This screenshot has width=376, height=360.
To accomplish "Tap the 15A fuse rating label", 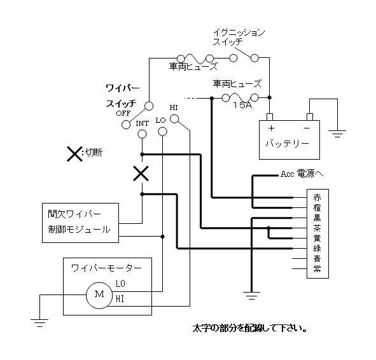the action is pyautogui.click(x=242, y=105).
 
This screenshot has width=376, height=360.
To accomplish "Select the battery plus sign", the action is pyautogui.click(x=271, y=128).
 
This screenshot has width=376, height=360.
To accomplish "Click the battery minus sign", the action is pyautogui.click(x=307, y=128).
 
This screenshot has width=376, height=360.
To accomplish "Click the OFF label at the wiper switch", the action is pyautogui.click(x=123, y=113).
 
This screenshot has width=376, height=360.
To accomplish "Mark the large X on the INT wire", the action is pyautogui.click(x=141, y=173).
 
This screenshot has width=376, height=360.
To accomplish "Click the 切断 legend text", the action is pyautogui.click(x=94, y=153).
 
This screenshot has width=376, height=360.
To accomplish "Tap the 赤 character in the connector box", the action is pyautogui.click(x=317, y=198).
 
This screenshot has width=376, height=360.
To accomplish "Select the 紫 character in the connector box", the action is pyautogui.click(x=317, y=268).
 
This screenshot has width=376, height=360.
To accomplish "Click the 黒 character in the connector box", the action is pyautogui.click(x=317, y=218).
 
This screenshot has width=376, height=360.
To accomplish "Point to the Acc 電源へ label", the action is pyautogui.click(x=302, y=174).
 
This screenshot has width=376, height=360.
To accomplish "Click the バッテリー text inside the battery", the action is pyautogui.click(x=288, y=143).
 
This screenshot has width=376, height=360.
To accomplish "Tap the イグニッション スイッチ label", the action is pyautogui.click(x=239, y=37).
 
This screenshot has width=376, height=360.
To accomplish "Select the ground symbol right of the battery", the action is pyautogui.click(x=337, y=134).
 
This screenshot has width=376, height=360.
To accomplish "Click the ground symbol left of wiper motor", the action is pyautogui.click(x=39, y=323).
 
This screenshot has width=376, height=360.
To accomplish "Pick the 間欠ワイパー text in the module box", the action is pyautogui.click(x=74, y=214).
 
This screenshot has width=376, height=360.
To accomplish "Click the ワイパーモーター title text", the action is pyautogui.click(x=107, y=268).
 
